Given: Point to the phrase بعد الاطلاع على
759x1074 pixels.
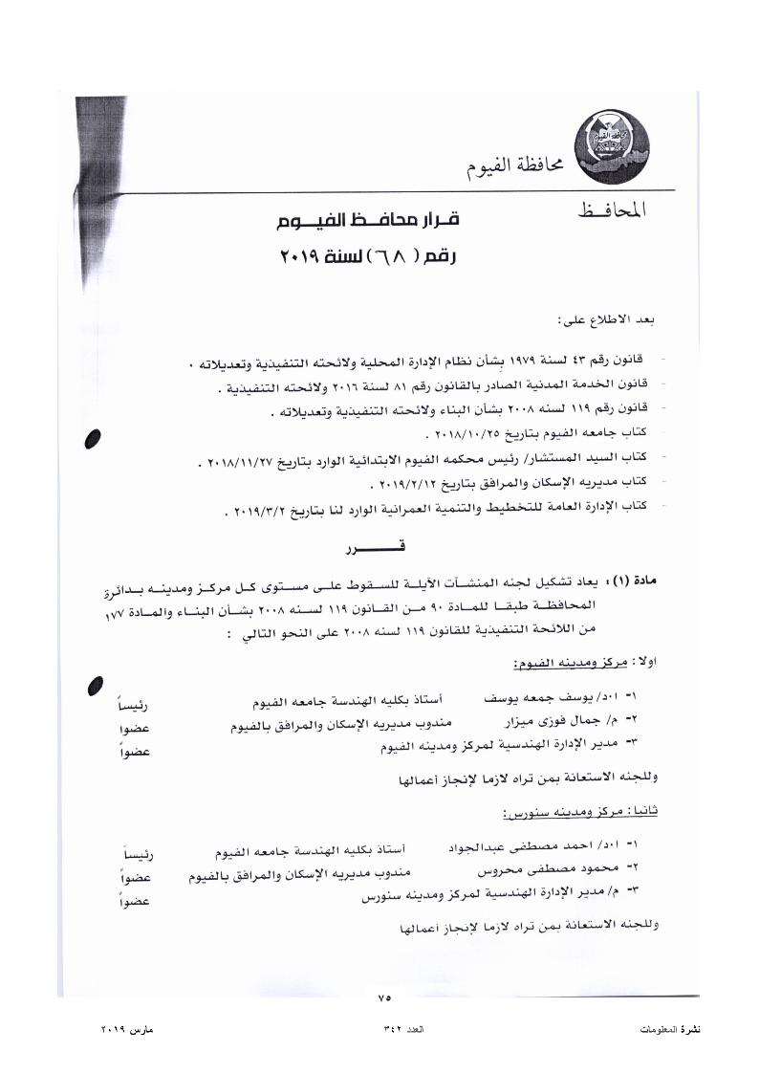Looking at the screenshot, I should (x=608, y=318).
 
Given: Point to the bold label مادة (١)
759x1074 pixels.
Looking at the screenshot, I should (x=635, y=581).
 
